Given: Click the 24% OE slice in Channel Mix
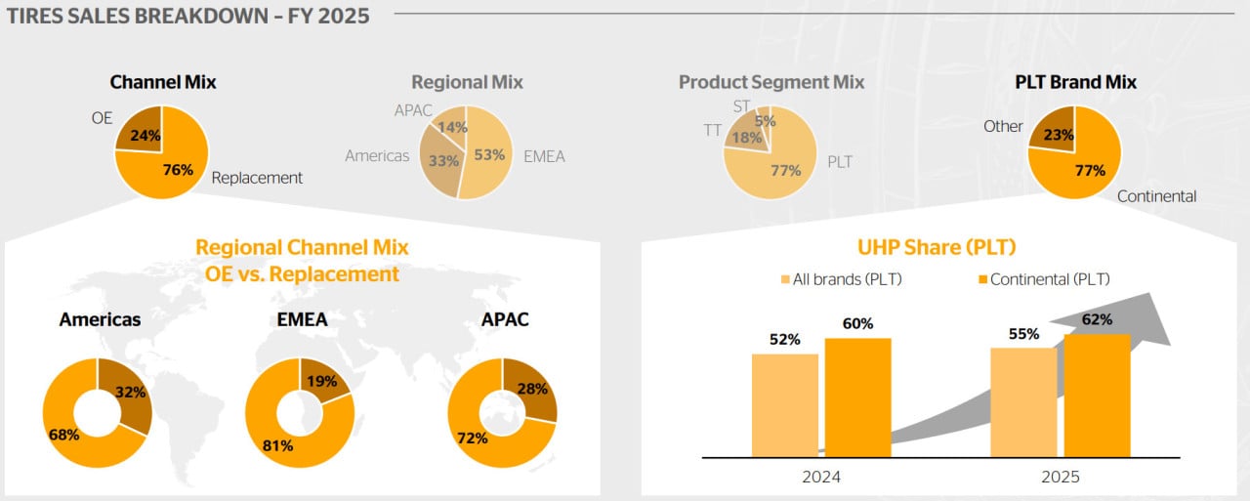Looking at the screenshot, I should point(142,133).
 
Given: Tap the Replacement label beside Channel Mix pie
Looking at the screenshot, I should point(257,178).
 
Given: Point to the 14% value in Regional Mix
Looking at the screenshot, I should point(452,127).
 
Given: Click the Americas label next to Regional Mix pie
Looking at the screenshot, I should point(377,156).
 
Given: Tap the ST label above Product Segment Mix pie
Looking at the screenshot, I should point(741,106).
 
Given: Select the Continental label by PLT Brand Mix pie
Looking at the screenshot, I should point(1156,196).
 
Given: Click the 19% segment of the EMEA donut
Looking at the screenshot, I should point(320,381).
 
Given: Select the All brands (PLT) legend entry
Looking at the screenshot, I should point(839,279).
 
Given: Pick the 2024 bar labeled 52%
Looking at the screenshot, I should point(785,404).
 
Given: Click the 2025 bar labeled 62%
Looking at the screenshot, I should point(1097,396).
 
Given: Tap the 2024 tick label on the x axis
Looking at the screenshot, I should point(820,477).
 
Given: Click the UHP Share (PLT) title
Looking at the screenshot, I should point(936,248).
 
